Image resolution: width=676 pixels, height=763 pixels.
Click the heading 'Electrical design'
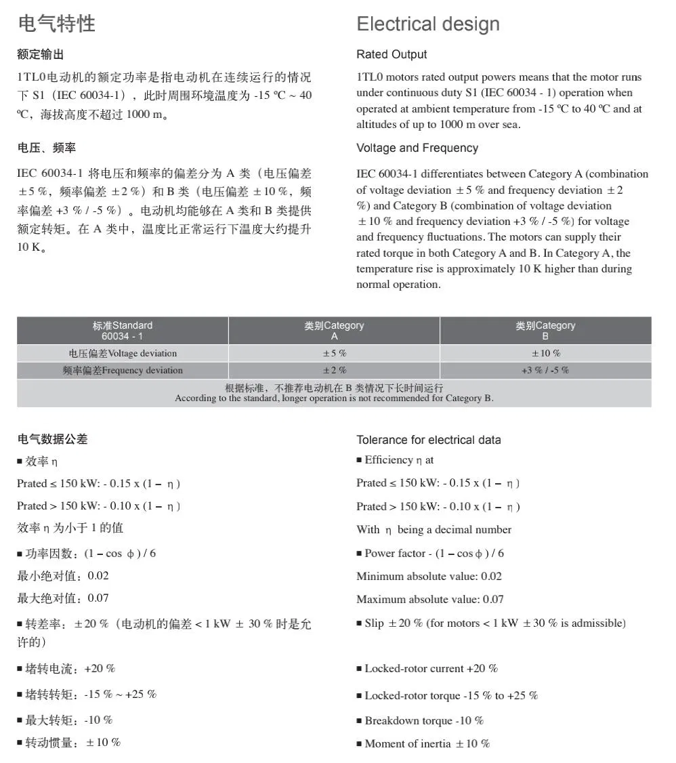point(427,24)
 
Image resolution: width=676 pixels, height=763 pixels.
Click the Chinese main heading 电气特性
point(56,24)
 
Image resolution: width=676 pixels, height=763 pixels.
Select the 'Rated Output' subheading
point(392,54)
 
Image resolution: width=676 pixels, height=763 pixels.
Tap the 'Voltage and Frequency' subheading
point(417,148)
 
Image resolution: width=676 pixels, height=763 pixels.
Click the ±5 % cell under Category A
point(334,353)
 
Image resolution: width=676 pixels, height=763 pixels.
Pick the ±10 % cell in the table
point(545,353)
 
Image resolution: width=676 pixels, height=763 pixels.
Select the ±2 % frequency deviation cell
point(334,370)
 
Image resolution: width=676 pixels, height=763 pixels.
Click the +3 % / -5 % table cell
point(545,370)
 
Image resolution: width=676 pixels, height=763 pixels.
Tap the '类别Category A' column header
point(334,330)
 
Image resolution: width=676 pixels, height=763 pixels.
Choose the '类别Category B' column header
point(545,330)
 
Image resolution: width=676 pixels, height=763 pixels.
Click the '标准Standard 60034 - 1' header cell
point(123,330)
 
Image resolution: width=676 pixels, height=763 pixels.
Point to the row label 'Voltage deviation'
point(123,353)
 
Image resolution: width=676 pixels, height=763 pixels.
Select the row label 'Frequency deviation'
point(123,370)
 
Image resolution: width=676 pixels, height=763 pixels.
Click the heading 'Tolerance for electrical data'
point(429,440)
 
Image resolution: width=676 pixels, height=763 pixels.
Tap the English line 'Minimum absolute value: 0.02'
point(429,577)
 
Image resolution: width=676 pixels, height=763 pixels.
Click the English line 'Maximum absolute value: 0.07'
point(430,599)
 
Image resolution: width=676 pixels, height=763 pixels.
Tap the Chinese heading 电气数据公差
point(52,439)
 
